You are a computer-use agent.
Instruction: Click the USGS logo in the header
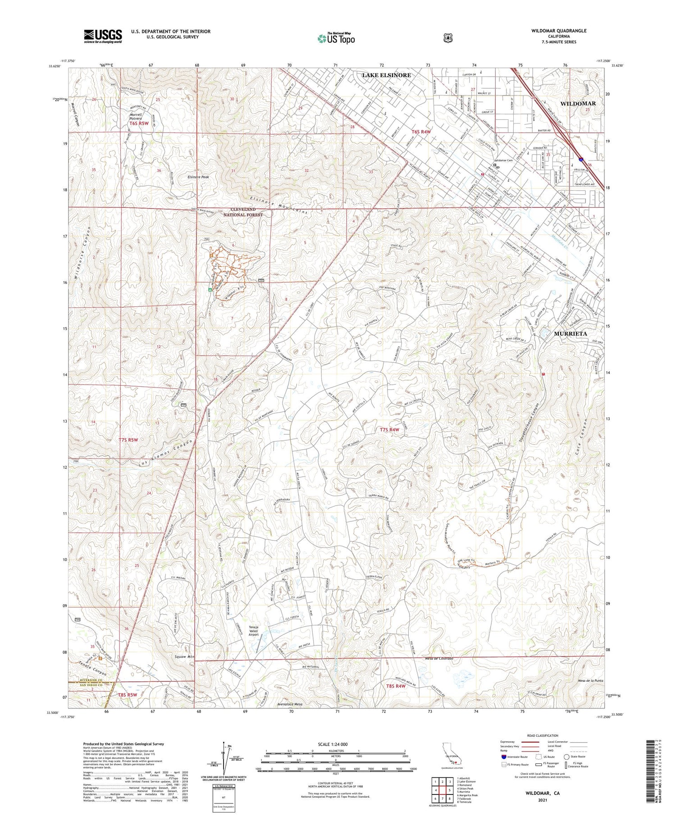[x=103, y=36]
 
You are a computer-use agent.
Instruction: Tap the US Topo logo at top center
[x=336, y=38]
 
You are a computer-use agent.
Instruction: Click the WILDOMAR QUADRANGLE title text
[x=559, y=31]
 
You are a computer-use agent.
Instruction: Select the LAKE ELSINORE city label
[x=386, y=75]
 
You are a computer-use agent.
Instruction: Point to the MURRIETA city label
[x=571, y=333]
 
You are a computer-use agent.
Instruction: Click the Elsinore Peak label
[x=198, y=177]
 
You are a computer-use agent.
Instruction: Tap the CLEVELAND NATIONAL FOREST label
[x=243, y=212]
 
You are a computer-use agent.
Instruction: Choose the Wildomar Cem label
[x=504, y=160]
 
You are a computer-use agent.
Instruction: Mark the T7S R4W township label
[x=389, y=430]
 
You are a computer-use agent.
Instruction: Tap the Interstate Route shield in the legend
[x=503, y=757]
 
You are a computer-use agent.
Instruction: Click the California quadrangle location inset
[x=451, y=758]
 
